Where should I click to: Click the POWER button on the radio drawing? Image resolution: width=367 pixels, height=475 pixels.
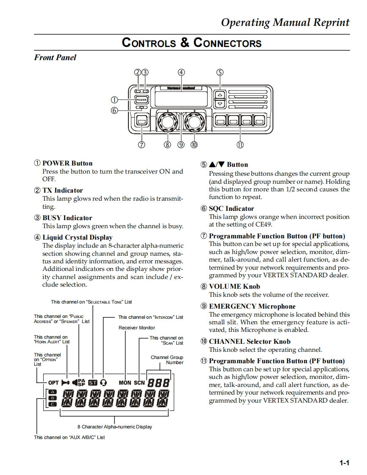coord(141,100)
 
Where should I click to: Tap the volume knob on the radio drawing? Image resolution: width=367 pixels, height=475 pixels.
coord(167,122)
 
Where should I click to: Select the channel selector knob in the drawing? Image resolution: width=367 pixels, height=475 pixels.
coord(194,122)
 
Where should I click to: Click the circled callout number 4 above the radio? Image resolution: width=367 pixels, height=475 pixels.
coord(181,72)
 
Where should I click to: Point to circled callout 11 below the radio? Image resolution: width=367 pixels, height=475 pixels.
coord(240,145)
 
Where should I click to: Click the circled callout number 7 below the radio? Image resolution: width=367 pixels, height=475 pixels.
coord(142,145)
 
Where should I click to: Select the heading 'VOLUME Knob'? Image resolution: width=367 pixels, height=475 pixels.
coord(234,287)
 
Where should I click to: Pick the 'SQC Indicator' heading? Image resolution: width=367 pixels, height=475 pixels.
coord(231,209)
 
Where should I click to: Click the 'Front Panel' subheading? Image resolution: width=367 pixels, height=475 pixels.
coord(55,58)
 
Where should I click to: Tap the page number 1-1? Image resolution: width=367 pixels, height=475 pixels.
coord(344,463)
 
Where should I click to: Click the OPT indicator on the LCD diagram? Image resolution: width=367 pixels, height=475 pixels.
coord(53,383)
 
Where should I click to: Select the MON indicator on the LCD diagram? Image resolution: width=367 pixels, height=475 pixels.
coord(125,383)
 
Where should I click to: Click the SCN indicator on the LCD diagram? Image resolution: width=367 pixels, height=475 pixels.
coord(139,383)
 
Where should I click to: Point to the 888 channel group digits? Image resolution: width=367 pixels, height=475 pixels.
coord(158,383)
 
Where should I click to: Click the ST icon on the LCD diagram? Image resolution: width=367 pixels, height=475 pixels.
coord(92,383)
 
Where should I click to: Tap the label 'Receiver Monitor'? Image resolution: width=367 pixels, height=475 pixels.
coord(136,328)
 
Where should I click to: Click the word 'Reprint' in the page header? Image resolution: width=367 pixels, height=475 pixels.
coord(331,23)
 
